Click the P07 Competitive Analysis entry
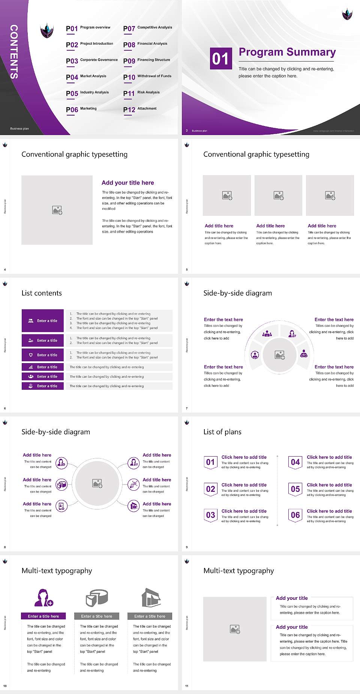[x=148, y=28]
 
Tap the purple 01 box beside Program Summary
[x=221, y=59]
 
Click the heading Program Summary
[x=287, y=52]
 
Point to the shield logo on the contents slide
[x=47, y=30]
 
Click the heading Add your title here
[x=127, y=183]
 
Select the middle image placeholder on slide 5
[x=278, y=195]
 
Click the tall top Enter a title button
[x=43, y=321]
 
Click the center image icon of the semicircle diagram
[x=280, y=355]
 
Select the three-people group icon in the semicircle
[x=267, y=333]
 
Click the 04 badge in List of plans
[x=295, y=462]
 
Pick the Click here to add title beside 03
[x=244, y=511]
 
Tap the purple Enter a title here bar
[x=43, y=616]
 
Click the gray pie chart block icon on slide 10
[x=97, y=598]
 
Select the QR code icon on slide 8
[x=134, y=484]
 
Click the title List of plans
[x=222, y=432]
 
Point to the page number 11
[x=187, y=686]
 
